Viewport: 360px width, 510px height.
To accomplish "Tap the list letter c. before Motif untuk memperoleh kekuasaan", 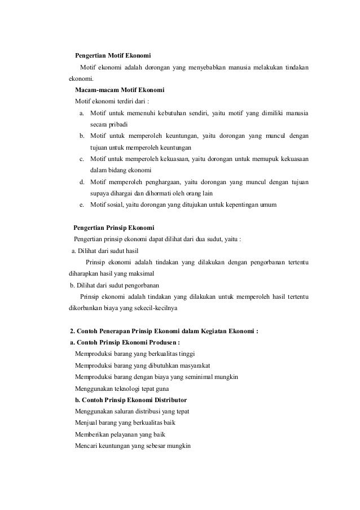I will click(x=82, y=159).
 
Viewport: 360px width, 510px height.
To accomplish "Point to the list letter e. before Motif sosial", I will click(x=82, y=204).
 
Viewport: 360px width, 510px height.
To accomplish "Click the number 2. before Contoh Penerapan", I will click(x=71, y=331).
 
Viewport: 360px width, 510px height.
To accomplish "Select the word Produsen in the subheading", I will click(x=161, y=342).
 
